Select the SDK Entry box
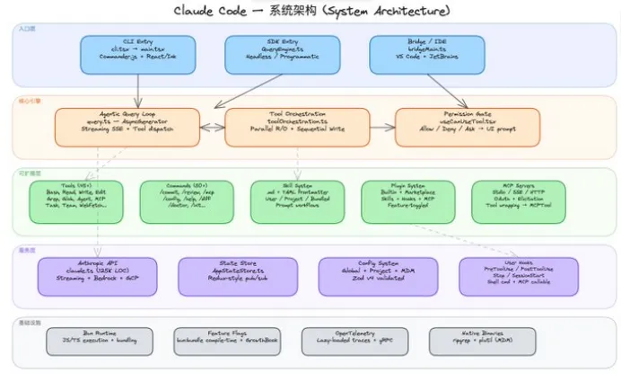tap(282, 54)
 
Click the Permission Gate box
tap(468, 127)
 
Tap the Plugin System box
tap(408, 202)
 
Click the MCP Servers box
tap(519, 202)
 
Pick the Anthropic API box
tap(98, 277)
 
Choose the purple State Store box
tap(234, 277)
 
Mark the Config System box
tap(376, 277)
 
